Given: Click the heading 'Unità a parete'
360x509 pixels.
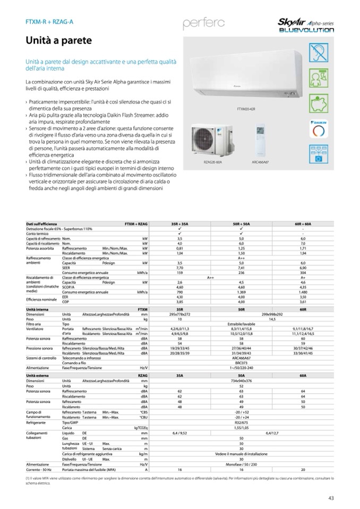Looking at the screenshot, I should pyautogui.click(x=59, y=40).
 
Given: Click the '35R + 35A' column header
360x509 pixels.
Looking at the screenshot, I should pyautogui.click(x=179, y=225).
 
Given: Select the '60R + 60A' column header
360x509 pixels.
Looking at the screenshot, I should pyautogui.click(x=303, y=225).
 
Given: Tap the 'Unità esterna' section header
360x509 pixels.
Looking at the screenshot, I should pyautogui.click(x=38, y=375).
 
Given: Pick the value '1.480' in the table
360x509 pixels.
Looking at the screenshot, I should pyautogui.click(x=303, y=291).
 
